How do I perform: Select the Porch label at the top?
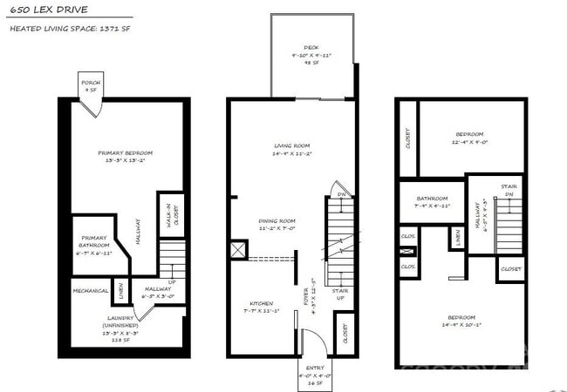(x=91, y=84)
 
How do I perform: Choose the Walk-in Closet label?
(x=173, y=214)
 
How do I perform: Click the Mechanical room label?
(x=90, y=290)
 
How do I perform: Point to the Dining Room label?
(x=277, y=224)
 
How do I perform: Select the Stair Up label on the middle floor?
(x=340, y=294)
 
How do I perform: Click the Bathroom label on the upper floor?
(x=432, y=201)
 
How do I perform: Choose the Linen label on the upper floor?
(x=458, y=236)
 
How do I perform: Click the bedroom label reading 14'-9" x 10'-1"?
(x=462, y=321)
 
